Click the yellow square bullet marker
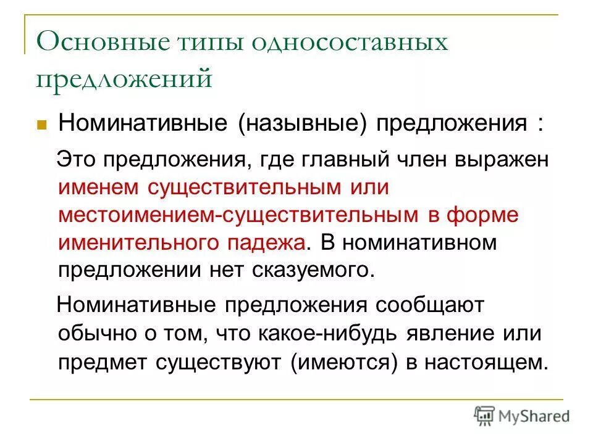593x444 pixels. click(43, 124)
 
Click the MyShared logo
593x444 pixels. click(521, 416)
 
